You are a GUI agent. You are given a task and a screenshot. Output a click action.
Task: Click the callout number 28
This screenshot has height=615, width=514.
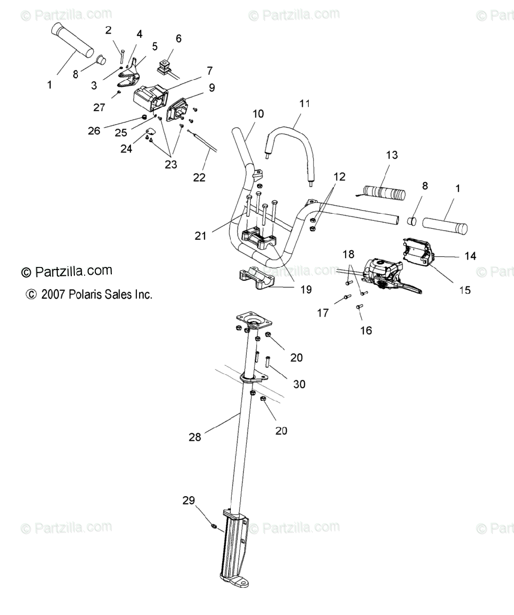[195, 437]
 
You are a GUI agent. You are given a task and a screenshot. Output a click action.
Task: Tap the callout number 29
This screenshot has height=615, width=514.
[188, 500]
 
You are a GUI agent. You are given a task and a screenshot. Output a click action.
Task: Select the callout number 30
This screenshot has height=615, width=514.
[299, 383]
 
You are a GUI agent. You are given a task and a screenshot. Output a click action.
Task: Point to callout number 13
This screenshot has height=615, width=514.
[392, 155]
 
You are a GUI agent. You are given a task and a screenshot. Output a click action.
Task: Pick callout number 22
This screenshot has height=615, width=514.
[199, 177]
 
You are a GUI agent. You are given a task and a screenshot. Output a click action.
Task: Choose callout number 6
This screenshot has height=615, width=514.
[179, 38]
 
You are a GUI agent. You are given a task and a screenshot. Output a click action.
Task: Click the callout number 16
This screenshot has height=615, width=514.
[366, 331]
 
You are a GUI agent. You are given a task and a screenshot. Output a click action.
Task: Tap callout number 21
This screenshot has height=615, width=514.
[201, 235]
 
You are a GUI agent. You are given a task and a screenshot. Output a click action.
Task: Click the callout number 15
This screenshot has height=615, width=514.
[464, 290]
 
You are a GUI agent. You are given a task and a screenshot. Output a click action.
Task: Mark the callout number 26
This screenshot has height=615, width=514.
[94, 131]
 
